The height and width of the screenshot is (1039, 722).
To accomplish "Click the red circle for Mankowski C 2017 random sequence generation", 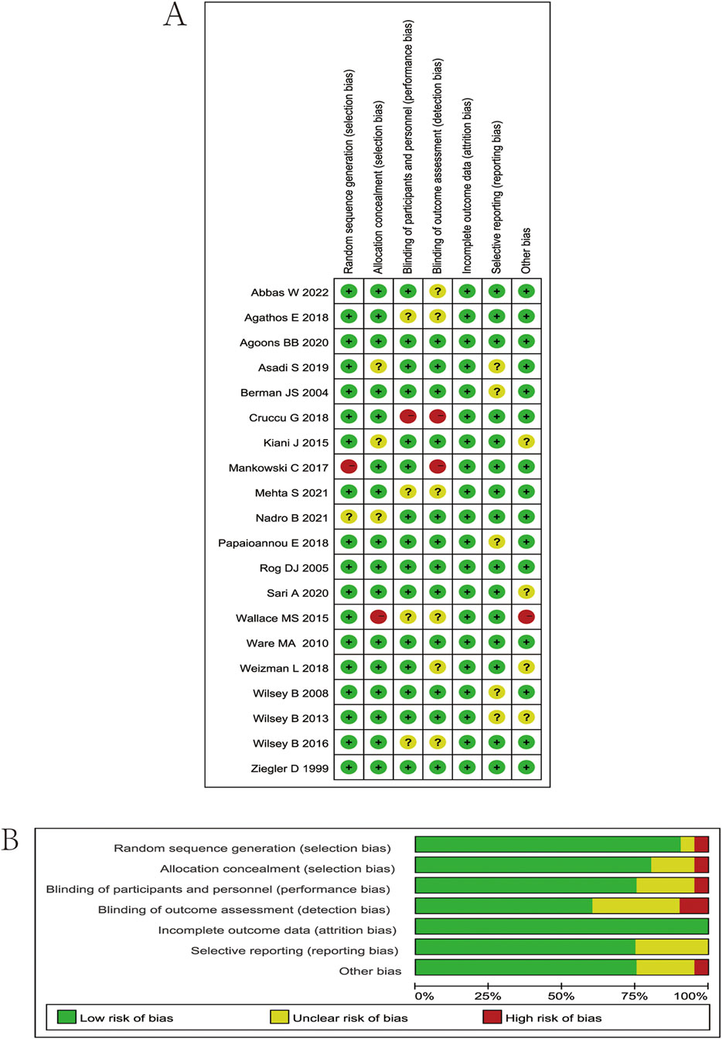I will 349,467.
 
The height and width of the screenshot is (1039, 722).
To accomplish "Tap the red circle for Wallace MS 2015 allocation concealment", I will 378,617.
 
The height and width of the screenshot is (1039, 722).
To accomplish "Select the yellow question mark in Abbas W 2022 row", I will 438,291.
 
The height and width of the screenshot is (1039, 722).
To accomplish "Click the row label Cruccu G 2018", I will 288,417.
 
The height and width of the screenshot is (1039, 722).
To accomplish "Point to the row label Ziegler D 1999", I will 289,768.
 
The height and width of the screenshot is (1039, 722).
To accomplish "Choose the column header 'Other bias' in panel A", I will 526,250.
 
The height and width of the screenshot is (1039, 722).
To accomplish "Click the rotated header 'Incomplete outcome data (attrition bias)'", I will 467,186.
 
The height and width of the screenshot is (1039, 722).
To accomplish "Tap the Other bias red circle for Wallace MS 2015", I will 526,617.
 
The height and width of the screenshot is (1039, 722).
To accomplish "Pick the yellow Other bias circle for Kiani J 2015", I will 526,442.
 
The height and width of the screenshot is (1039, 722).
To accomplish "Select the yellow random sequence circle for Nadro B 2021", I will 349,517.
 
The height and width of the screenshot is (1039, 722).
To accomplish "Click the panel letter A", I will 175,15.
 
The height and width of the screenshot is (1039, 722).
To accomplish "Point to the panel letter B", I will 10,840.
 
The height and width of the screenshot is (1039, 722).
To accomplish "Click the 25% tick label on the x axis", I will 488,996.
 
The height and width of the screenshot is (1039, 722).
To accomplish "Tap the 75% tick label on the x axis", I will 635,996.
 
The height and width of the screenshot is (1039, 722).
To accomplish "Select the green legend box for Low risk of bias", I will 66,1017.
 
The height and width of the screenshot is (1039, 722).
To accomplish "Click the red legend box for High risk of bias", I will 492,1017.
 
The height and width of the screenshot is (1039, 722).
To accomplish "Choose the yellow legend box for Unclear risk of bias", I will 279,1017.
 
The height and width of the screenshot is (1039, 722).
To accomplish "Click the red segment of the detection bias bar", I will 693,906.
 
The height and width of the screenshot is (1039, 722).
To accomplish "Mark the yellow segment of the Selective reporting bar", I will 672,947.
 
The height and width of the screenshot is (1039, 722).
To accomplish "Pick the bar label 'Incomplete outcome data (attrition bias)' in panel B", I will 278,930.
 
